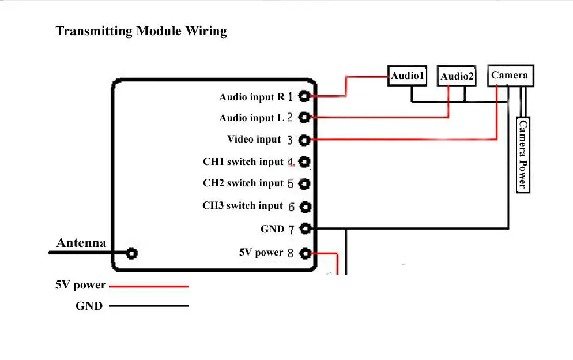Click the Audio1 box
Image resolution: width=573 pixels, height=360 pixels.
coord(408,76)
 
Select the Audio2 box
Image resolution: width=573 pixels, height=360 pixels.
coord(457,76)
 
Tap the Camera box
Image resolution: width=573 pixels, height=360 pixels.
coord(510,76)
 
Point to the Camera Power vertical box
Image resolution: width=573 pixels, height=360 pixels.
coord(522,154)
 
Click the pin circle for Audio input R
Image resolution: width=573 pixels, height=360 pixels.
coord(304,96)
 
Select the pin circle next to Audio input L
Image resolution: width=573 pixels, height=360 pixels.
coord(304,117)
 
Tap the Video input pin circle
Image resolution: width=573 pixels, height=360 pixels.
coord(304,140)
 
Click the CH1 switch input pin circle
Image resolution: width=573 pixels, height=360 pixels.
coord(304,162)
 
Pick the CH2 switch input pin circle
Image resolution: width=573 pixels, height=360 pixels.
coord(304,184)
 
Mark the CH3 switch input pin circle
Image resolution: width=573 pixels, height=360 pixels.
coord(304,206)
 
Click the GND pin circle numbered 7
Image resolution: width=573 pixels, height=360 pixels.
coord(304,228)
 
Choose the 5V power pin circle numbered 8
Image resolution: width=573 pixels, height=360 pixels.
coord(304,253)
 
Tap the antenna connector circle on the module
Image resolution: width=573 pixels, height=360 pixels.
coord(132,253)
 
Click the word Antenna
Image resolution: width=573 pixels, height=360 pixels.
coord(81,243)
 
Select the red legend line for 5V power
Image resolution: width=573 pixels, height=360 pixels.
coord(149,286)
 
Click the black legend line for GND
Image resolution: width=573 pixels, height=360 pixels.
coord(149,306)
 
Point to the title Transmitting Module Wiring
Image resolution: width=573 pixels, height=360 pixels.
coord(141,31)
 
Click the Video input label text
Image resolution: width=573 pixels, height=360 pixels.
coord(254,139)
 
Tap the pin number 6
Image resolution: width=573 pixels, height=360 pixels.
coord(291,207)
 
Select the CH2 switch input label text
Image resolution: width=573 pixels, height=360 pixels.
coord(243,183)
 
